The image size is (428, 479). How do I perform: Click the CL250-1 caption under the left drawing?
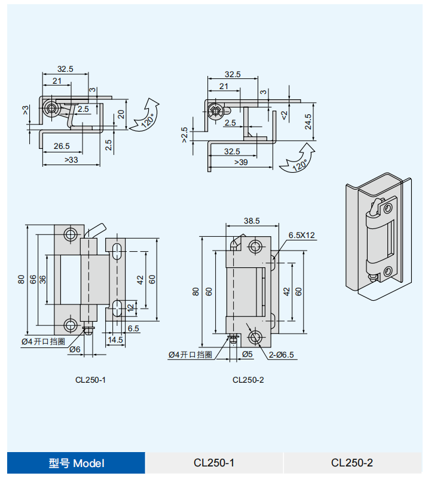(x=91, y=379)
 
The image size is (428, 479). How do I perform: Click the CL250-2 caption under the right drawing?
(x=248, y=379)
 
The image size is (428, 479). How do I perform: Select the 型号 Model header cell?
(x=76, y=463)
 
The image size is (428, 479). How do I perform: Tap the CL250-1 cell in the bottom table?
(x=214, y=463)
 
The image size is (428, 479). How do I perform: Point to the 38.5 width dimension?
(x=252, y=220)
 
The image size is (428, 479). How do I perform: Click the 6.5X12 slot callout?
(x=301, y=235)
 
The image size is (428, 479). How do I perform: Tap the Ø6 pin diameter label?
(x=75, y=349)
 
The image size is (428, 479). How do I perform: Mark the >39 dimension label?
(x=241, y=162)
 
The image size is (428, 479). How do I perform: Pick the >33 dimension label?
(x=71, y=160)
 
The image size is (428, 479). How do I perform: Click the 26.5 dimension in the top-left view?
(x=62, y=145)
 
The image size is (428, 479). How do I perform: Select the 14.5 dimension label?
(x=115, y=340)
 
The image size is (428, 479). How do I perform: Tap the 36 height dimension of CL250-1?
(x=42, y=279)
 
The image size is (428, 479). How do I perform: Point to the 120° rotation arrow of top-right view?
(x=298, y=158)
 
